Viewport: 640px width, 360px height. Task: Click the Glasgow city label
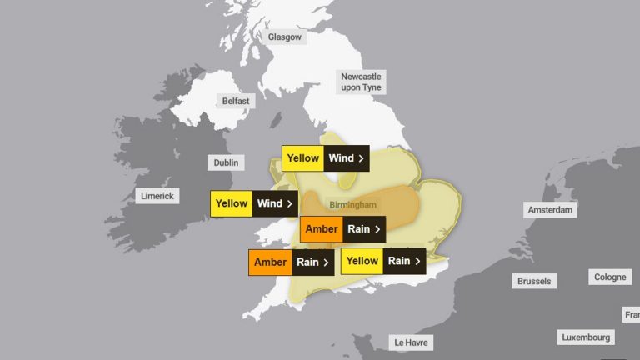click(286, 37)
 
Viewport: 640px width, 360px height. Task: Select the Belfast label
click(235, 101)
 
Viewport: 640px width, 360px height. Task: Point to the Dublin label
click(225, 162)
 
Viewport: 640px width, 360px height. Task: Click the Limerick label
click(157, 196)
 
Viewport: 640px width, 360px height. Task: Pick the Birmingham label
click(352, 204)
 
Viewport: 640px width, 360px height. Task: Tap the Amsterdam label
click(550, 210)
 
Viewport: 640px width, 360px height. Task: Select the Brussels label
click(534, 281)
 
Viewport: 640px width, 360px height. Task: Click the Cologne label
click(610, 277)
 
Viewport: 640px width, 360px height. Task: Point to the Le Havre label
click(412, 342)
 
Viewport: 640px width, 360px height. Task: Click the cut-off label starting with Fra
click(632, 314)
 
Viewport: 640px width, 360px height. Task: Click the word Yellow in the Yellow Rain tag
click(362, 261)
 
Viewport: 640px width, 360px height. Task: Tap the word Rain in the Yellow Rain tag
click(399, 261)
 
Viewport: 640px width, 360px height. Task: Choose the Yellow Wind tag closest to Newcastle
click(325, 158)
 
